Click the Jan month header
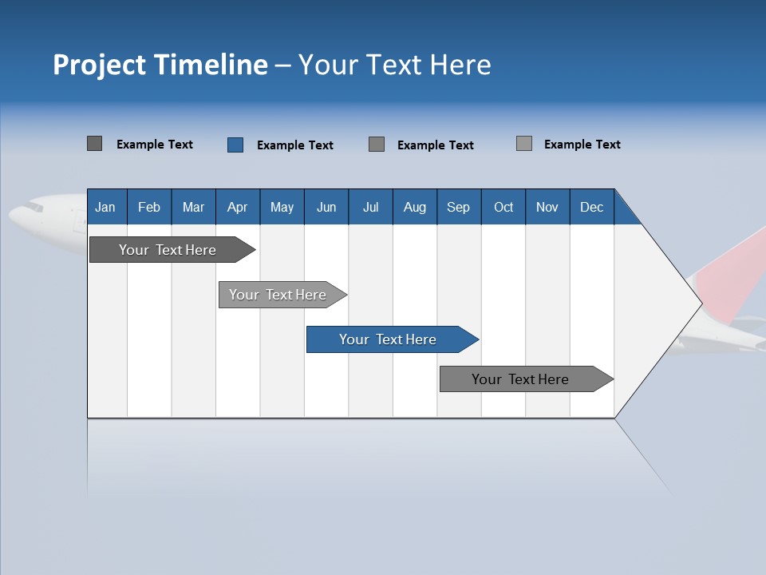105,207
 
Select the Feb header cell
149,207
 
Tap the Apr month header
238,207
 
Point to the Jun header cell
326,207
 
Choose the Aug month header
415,207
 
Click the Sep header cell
459,207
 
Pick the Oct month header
503,207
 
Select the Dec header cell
592,207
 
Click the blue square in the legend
235,145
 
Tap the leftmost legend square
95,144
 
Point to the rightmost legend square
524,144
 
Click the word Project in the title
100,65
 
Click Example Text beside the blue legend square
295,145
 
